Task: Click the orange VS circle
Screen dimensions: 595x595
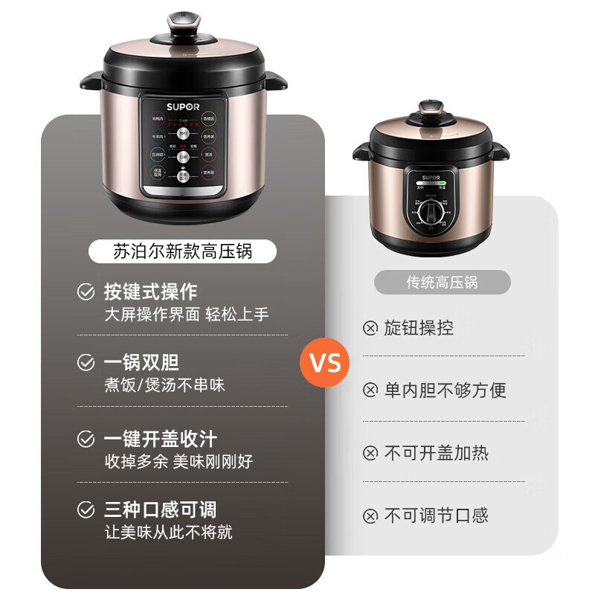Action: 324,363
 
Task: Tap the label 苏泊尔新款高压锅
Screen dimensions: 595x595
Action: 182,251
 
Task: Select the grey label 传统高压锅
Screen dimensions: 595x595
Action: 442,282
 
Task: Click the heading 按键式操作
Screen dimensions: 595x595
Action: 150,292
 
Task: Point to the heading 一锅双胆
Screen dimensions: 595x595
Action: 141,363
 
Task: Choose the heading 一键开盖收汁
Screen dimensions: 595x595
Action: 160,438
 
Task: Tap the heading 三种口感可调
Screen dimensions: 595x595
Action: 160,509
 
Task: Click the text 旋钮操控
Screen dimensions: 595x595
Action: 419,328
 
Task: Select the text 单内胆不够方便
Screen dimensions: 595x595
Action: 445,389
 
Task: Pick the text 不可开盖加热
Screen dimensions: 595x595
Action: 436,453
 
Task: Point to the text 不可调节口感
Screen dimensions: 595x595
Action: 436,515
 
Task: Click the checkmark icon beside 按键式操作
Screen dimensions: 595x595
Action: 86,292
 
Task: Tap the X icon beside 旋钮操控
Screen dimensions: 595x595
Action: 370,328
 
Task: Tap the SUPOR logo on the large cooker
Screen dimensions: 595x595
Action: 183,106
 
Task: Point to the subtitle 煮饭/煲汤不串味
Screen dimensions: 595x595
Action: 164,385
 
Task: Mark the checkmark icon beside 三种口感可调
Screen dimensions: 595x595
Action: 86,509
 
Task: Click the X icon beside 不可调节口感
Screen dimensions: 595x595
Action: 370,515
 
